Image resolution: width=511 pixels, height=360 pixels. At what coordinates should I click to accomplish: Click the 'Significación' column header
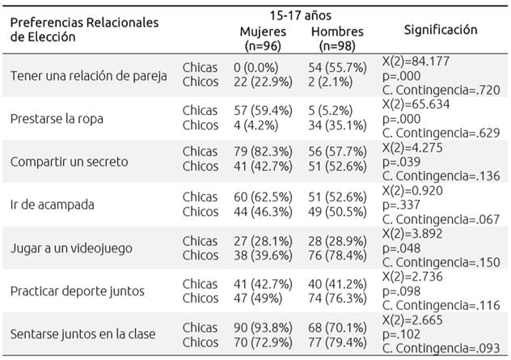(441, 30)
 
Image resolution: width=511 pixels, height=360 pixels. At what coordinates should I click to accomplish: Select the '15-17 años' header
(302, 15)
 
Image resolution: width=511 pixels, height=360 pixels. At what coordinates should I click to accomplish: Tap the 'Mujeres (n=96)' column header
(264, 39)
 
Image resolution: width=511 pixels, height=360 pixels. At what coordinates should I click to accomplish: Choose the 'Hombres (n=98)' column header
(336, 39)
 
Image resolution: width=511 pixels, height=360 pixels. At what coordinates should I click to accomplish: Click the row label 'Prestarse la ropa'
(57, 118)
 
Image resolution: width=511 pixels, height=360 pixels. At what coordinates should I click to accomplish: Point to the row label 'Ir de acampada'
(50, 204)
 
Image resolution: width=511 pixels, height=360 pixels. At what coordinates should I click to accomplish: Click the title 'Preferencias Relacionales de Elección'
(84, 29)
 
